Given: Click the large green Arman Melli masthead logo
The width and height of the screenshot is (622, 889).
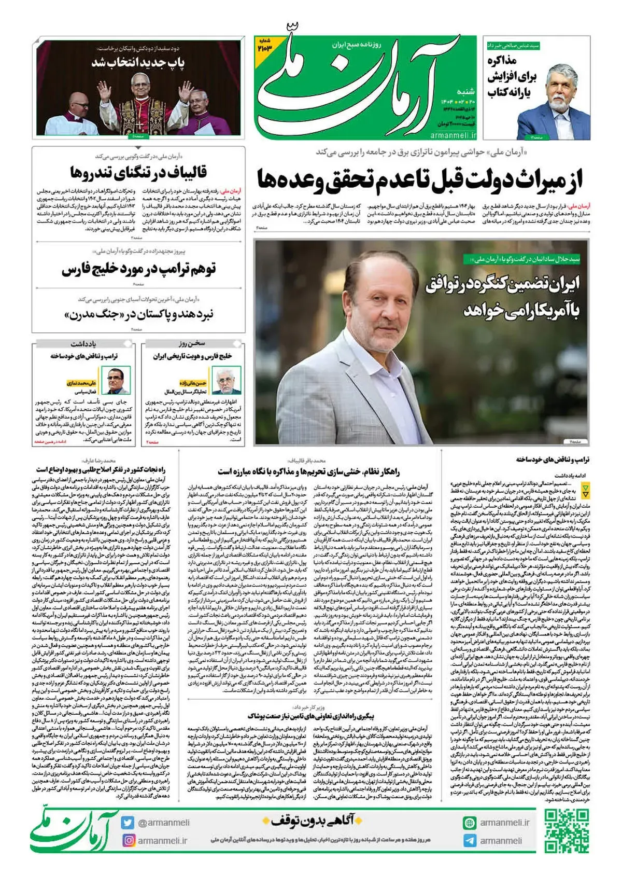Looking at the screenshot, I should pos(358,88).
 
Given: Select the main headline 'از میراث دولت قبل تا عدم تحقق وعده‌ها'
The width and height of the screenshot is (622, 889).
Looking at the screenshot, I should pos(420,179).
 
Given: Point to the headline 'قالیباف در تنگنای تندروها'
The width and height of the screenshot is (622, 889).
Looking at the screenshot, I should pos(138,172).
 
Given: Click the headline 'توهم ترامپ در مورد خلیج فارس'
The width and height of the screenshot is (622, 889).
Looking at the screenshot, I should pos(138,269).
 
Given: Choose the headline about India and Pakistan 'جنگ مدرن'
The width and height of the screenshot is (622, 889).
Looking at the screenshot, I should pos(138,314).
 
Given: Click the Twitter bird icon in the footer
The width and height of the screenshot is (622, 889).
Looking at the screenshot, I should pos(128,823).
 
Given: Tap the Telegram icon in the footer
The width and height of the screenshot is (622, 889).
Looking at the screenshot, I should pos(470,840).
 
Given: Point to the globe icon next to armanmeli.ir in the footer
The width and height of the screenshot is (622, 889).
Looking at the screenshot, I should pos(470,823).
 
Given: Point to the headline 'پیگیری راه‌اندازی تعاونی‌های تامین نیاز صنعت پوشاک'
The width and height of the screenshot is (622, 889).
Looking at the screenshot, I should pos(310,716).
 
